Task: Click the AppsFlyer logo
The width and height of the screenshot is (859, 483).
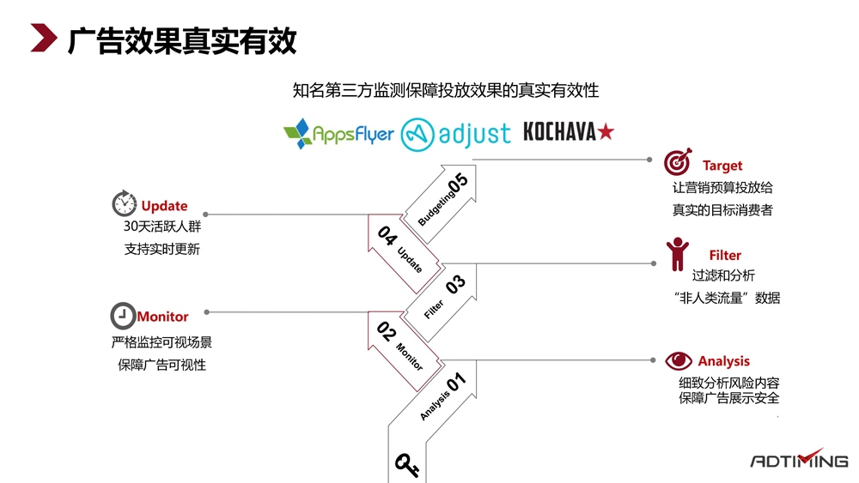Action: (338, 133)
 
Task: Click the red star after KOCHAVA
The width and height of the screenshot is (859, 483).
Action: (606, 132)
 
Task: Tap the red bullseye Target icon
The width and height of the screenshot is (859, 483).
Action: (678, 162)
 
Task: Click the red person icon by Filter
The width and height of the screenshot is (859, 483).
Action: (678, 254)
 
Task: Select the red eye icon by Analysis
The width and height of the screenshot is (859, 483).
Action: (678, 360)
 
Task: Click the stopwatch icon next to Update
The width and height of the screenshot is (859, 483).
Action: (125, 204)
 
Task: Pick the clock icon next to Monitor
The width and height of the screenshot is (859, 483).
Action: (123, 316)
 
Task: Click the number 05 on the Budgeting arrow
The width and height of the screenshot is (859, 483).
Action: (457, 182)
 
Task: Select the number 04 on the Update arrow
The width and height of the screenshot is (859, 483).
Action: (387, 236)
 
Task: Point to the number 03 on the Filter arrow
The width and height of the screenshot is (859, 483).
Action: (456, 283)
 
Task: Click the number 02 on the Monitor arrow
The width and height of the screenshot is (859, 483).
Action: (387, 334)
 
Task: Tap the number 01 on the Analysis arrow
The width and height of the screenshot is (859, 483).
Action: (455, 381)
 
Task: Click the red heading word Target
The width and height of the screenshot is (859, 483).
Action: (722, 166)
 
